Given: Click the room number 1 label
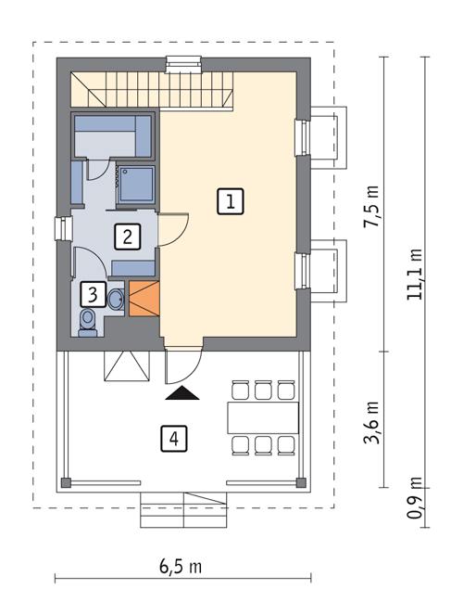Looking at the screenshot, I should (x=231, y=201).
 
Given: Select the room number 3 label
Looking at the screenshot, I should (x=91, y=295).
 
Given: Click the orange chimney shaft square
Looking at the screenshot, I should (x=143, y=299).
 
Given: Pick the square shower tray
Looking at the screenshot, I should (x=135, y=183).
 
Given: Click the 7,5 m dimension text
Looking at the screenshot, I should (x=372, y=206).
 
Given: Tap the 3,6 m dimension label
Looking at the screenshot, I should (x=372, y=422).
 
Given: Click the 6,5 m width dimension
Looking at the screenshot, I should (x=181, y=566).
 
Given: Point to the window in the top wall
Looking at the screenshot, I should (x=179, y=63).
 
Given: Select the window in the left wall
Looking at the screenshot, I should (x=61, y=228).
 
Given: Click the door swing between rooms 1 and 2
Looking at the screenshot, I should (x=173, y=228).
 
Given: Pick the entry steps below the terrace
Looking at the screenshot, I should (x=184, y=509).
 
